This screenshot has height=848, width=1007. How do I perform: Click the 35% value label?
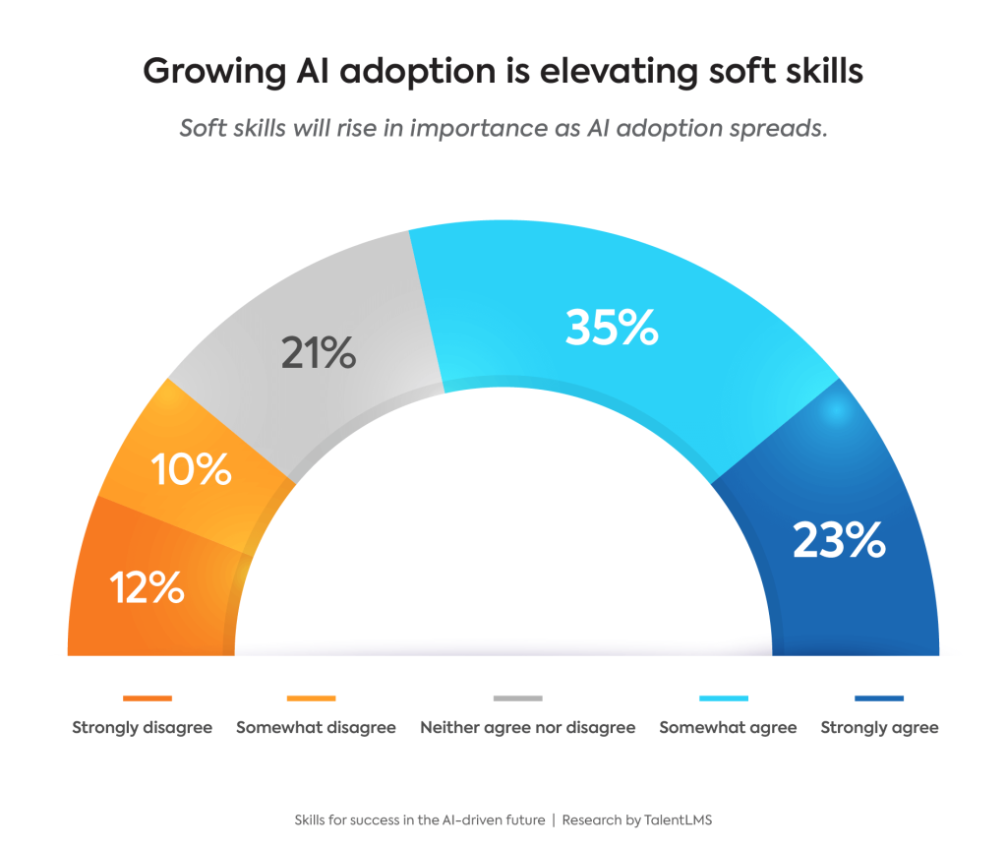coord(611,328)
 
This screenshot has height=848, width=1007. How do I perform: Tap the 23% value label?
coord(839,540)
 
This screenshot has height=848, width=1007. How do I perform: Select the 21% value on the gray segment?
coord(318,352)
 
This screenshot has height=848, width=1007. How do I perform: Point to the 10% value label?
coord(192,469)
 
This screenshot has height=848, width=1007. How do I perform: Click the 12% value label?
coord(148,587)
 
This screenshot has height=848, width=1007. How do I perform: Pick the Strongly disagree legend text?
coord(142,728)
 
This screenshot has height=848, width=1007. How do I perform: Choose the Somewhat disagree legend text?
coord(316,728)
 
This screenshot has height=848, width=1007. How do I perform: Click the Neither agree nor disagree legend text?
coord(527,728)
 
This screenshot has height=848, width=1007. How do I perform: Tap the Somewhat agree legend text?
coord(728,728)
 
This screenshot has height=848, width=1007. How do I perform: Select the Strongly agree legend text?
coord(879,728)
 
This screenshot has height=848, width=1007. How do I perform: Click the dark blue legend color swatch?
coord(879,698)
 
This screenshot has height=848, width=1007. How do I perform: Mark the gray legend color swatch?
coord(517,698)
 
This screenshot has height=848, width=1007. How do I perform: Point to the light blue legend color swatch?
coord(724,698)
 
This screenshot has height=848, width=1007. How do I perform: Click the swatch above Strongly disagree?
coord(148,698)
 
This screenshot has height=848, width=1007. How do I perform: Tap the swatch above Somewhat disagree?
coord(311,698)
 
